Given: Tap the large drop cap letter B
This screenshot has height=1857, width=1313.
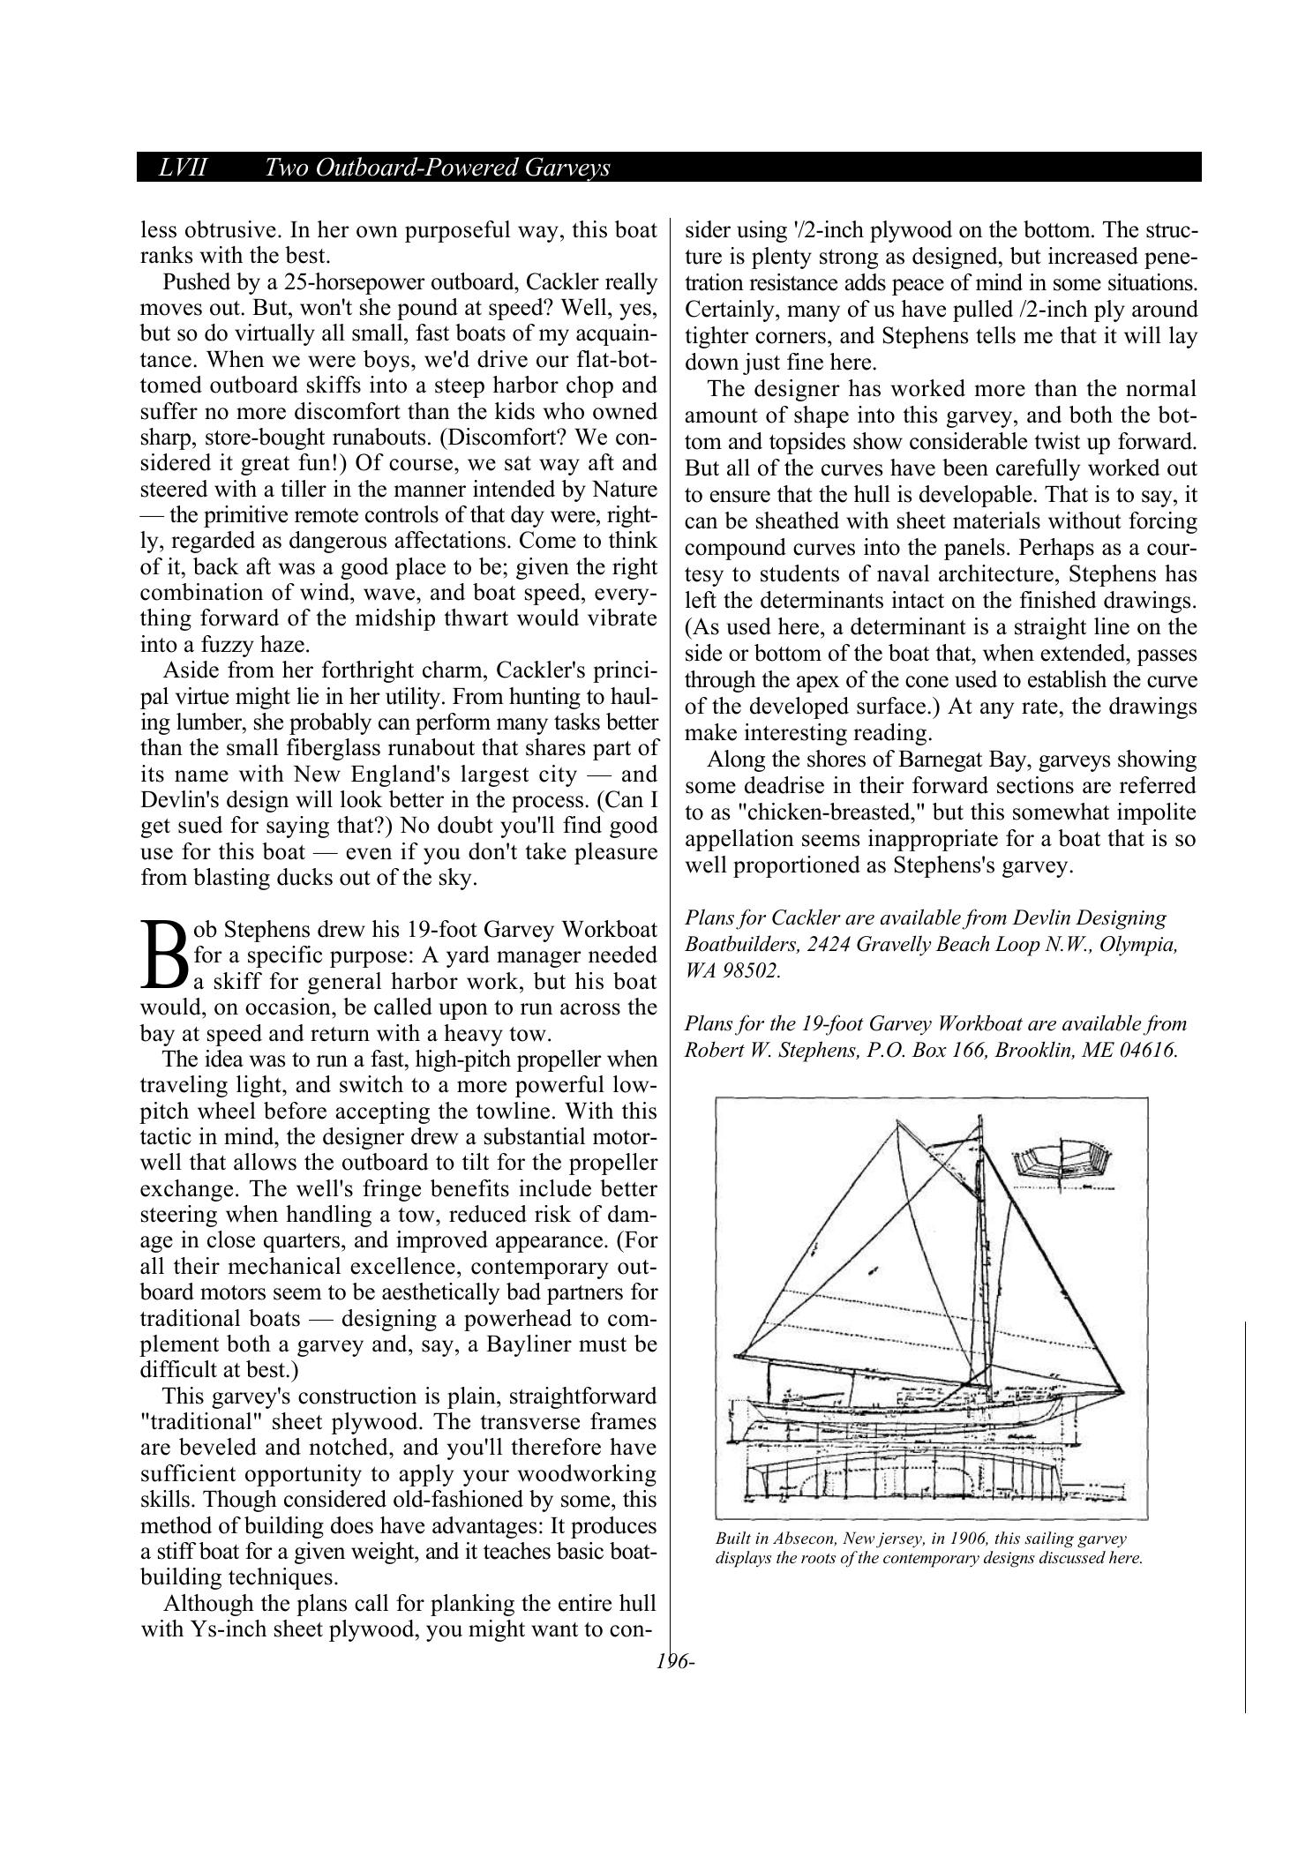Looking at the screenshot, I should (163, 955).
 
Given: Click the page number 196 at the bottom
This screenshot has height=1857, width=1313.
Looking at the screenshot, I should (674, 1661).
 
